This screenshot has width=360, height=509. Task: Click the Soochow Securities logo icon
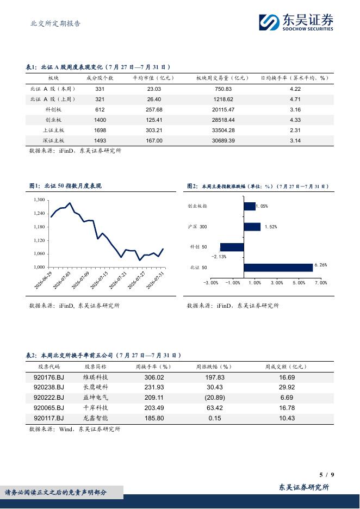click(269, 22)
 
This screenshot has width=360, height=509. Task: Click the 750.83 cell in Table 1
click(224, 89)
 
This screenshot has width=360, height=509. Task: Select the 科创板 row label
click(53, 110)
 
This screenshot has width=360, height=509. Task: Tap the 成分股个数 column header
click(100, 78)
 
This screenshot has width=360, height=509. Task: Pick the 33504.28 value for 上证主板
click(224, 131)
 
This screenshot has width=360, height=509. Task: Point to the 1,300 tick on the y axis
click(39, 200)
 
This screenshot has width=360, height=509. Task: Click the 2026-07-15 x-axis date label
click(98, 281)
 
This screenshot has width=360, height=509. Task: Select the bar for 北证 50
click(278, 268)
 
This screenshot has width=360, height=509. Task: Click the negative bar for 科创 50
click(232, 247)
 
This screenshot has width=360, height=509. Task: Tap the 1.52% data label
click(271, 227)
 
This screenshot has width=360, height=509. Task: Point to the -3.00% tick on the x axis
click(210, 283)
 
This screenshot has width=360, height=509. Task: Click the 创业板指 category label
click(197, 206)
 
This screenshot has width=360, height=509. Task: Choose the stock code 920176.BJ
click(49, 377)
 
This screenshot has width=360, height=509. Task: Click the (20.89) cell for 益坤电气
click(215, 398)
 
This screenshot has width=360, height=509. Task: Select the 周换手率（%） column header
click(153, 367)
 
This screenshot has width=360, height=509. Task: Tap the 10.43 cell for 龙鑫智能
click(287, 418)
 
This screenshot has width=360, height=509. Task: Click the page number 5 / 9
click(327, 475)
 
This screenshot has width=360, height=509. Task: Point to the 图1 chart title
click(65, 186)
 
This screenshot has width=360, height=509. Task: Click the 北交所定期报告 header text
click(55, 23)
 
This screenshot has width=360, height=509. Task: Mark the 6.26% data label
click(321, 265)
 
